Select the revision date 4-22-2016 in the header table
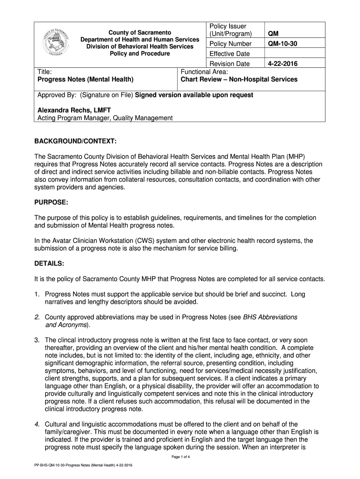click(x=282, y=64)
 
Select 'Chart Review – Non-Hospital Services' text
click(x=239, y=80)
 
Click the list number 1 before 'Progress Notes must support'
click(x=37, y=294)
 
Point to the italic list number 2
click(x=37, y=317)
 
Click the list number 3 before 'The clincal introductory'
click(x=37, y=340)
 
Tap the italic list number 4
click(x=37, y=424)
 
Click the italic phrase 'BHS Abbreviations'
click(x=270, y=317)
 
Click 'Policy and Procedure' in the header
click(x=140, y=54)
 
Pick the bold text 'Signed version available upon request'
click(x=194, y=95)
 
